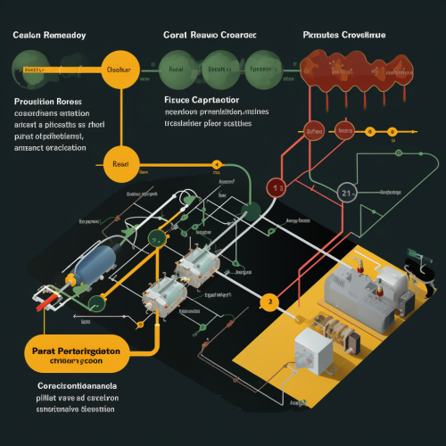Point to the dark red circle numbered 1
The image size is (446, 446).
coord(277,187)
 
